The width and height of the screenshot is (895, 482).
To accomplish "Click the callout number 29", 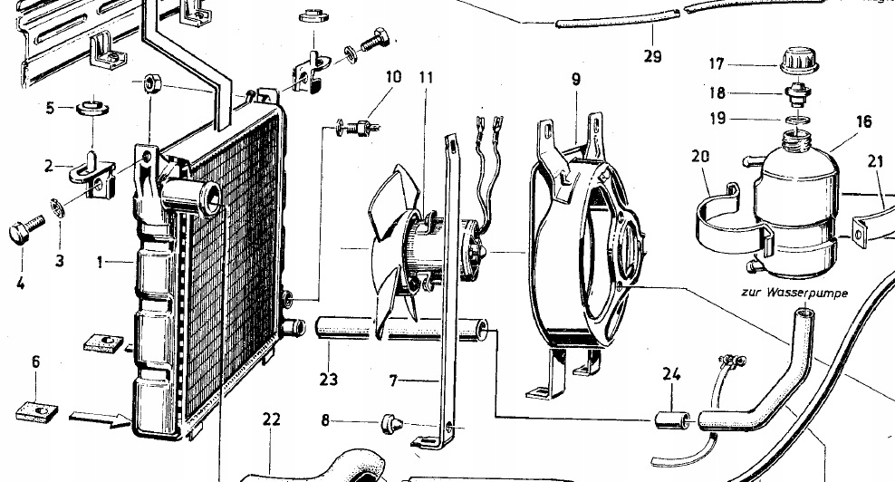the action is tap(652, 56).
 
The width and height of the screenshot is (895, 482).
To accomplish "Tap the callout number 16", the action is tap(863, 122).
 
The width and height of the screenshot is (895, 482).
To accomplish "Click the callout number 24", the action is tap(671, 371).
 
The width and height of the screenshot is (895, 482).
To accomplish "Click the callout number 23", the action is tap(328, 379).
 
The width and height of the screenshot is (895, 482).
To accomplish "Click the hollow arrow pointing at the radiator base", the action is tap(99, 419).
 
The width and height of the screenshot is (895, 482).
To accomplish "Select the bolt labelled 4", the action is tap(24, 228).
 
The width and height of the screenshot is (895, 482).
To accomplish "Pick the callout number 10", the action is tap(392, 76).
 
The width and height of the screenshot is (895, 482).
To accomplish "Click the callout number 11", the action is tap(427, 77).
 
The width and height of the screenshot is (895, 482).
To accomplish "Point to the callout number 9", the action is tap(575, 79).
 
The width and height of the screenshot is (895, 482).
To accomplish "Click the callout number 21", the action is tap(874, 162).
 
